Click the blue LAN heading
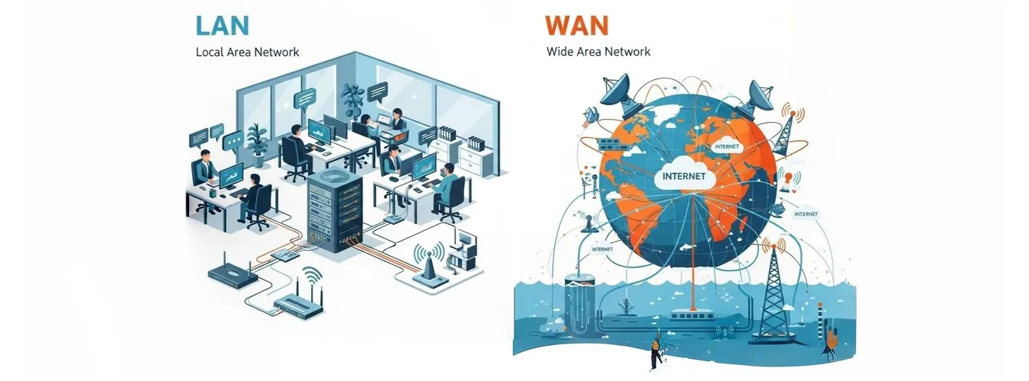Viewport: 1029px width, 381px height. pos(223,24)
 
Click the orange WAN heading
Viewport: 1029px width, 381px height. pos(576,24)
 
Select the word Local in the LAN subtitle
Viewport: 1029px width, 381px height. pos(209,53)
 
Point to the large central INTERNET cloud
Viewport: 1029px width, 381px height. pos(684,178)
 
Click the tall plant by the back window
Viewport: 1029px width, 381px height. pos(352,103)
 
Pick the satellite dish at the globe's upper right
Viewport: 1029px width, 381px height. pos(761,95)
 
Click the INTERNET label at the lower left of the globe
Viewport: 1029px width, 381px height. pos(602,249)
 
